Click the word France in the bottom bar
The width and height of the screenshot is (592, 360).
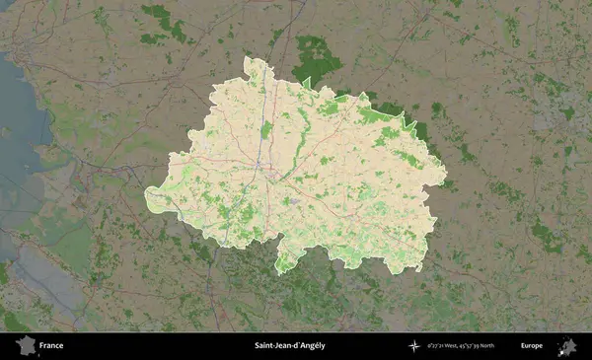point(51,346)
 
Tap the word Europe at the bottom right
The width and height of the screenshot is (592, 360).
point(532,346)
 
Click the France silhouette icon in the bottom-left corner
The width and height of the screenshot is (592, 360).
point(25,345)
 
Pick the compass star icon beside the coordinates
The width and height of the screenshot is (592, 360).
point(414,346)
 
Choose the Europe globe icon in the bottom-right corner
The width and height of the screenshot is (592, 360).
point(567,345)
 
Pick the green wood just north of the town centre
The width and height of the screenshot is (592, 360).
point(266,129)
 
